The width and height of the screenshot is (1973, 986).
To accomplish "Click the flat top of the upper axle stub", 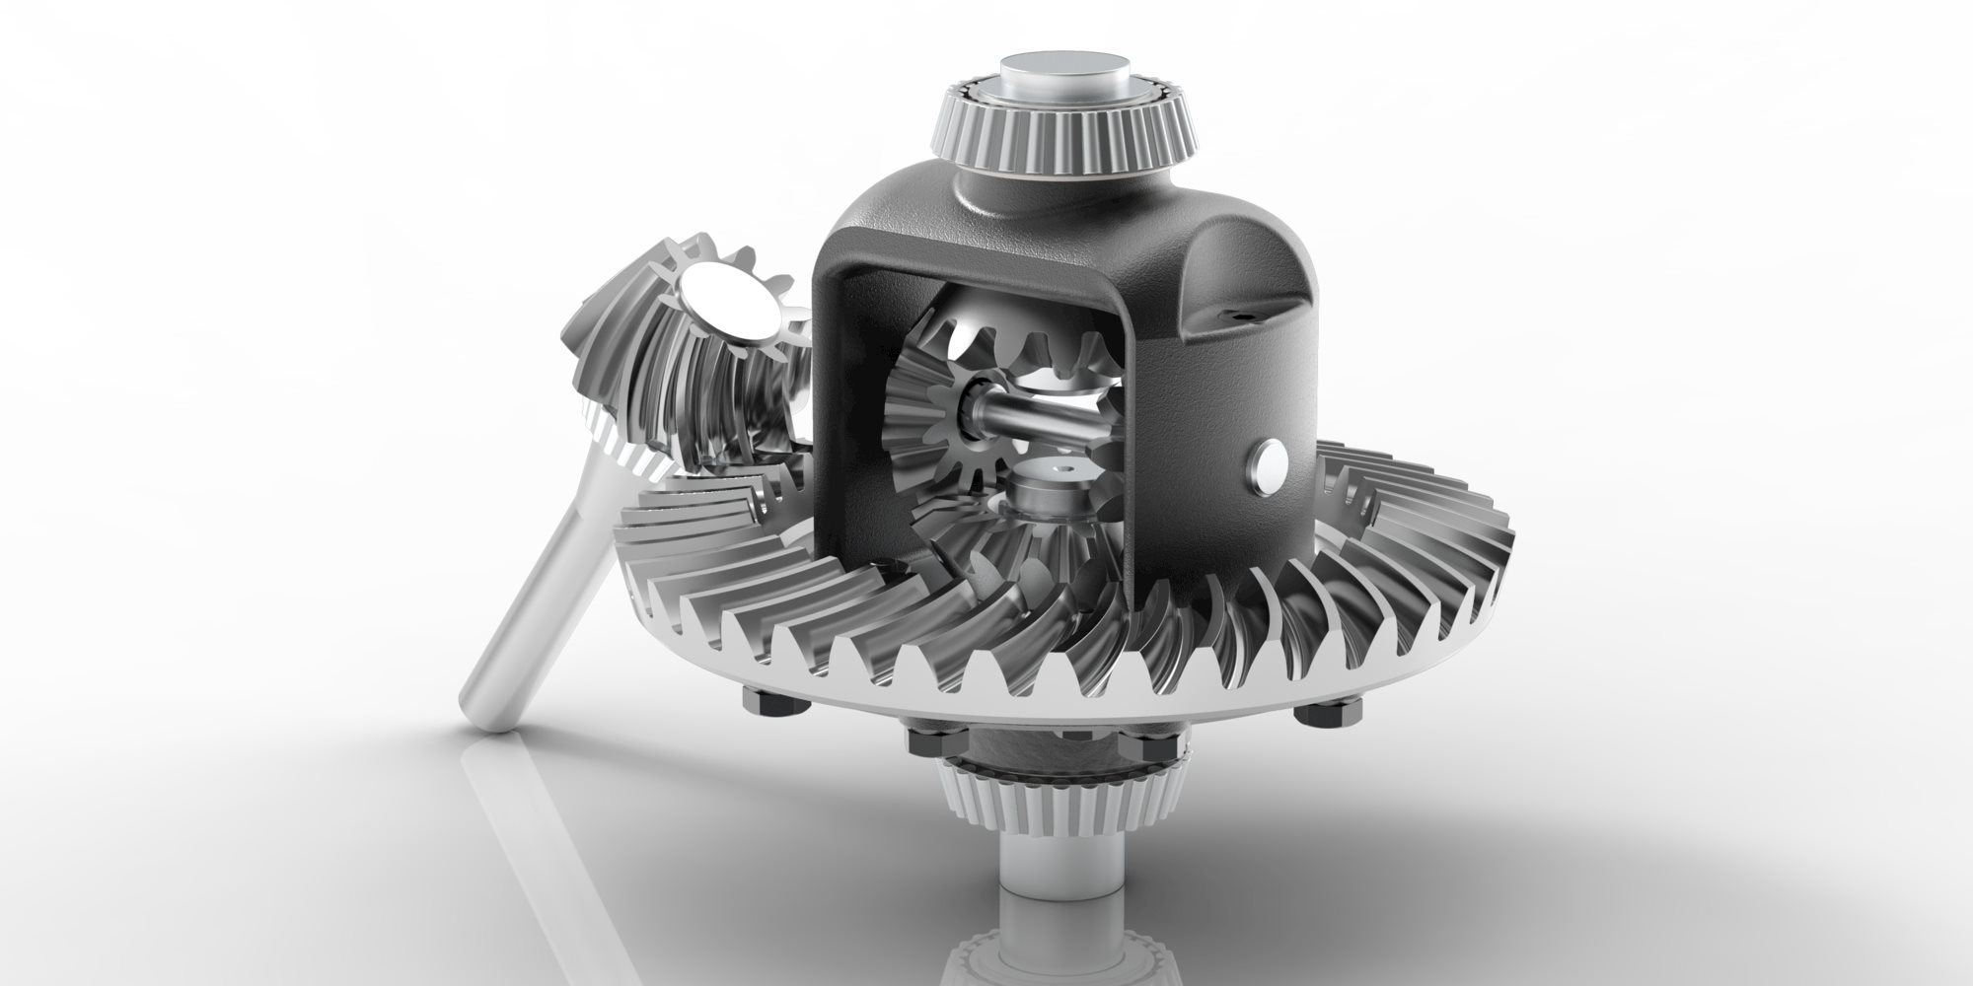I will [1061, 71].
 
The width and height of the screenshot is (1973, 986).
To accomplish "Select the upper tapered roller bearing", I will [1065, 128].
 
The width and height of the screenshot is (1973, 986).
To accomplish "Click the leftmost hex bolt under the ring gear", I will [762, 703].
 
